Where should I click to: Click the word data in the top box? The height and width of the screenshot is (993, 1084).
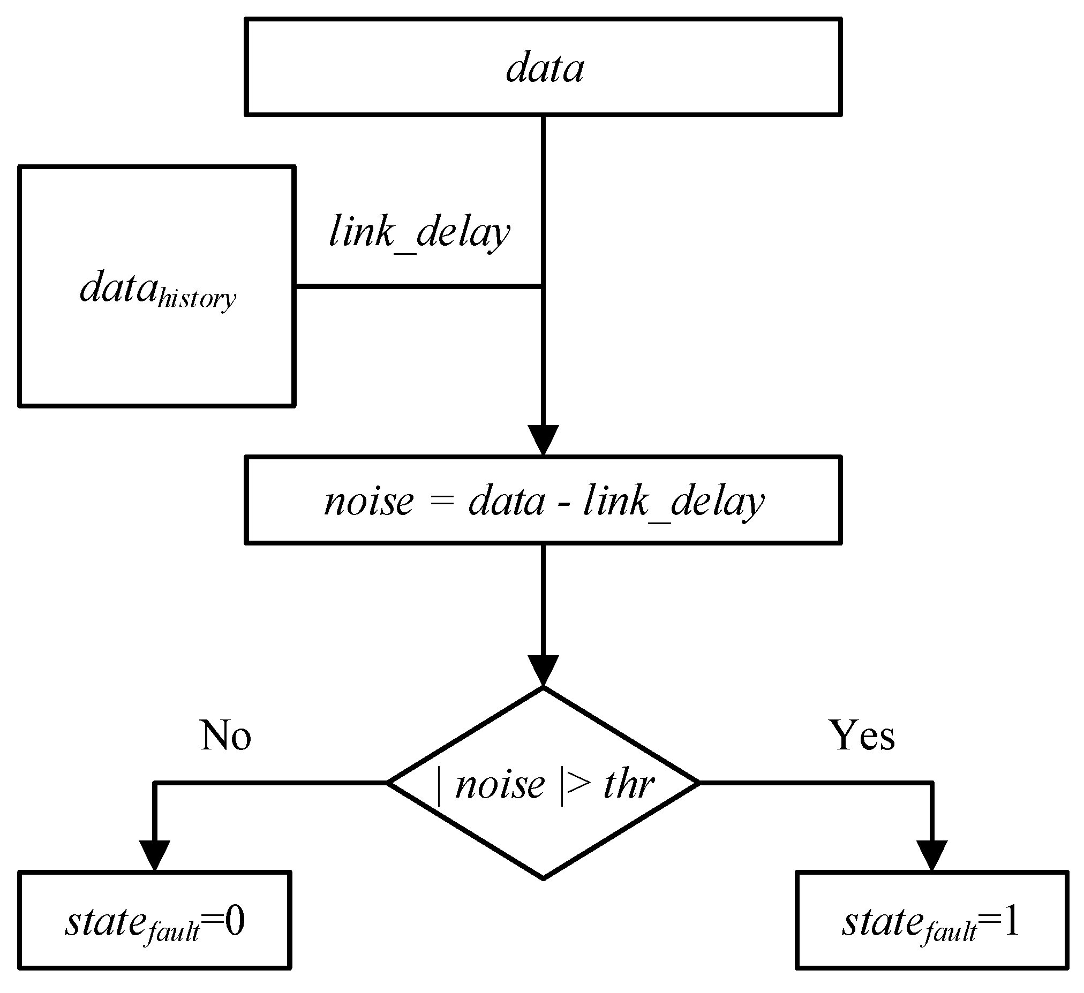[x=544, y=69]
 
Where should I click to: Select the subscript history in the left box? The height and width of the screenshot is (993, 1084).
[x=197, y=299]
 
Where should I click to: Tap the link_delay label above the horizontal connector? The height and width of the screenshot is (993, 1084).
[x=419, y=233]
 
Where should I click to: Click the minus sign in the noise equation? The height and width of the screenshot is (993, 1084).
[x=563, y=505]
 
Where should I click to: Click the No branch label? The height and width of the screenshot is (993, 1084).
[x=226, y=736]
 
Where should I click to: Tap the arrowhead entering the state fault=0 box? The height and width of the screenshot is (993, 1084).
[x=155, y=855]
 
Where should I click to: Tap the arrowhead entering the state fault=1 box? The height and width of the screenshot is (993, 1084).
[x=931, y=855]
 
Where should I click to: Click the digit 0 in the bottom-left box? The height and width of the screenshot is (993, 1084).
[x=235, y=922]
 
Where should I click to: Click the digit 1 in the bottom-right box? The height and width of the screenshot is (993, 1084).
[x=1011, y=922]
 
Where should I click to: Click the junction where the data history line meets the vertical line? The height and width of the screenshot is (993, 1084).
[x=543, y=287]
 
